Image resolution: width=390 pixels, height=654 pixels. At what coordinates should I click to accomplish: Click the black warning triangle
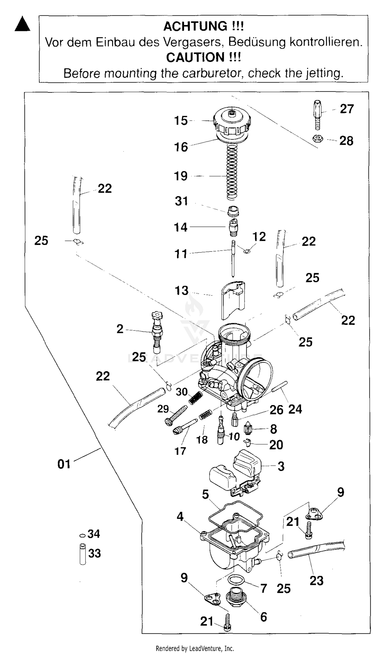pos(22,24)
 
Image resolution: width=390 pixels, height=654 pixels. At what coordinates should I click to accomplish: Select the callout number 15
pos(181,121)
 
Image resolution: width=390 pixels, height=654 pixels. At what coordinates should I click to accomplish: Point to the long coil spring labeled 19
pos(232,172)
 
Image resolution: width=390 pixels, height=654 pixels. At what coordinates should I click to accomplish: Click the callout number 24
pos(295,409)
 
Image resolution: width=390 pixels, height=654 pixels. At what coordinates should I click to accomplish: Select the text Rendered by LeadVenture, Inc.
pos(195,649)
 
